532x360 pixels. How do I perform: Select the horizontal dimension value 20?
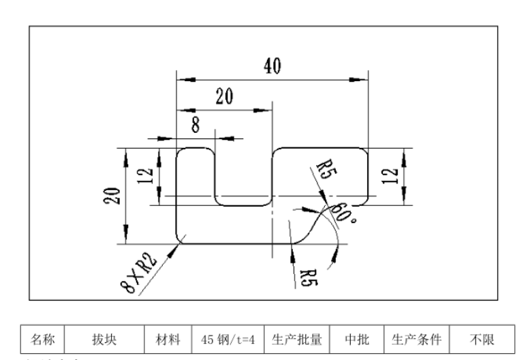[223, 96]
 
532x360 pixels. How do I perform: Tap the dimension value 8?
[195, 125]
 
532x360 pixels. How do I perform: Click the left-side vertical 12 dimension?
[146, 176]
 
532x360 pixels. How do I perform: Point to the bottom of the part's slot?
[243, 204]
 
